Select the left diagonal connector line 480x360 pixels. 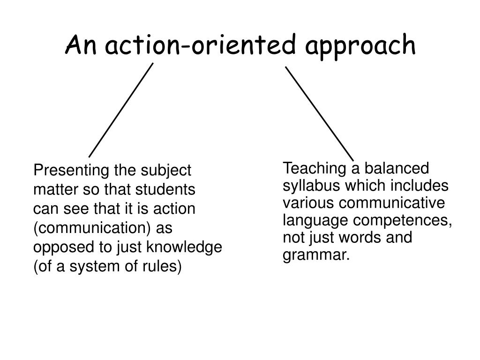pyautogui.click(x=121, y=110)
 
